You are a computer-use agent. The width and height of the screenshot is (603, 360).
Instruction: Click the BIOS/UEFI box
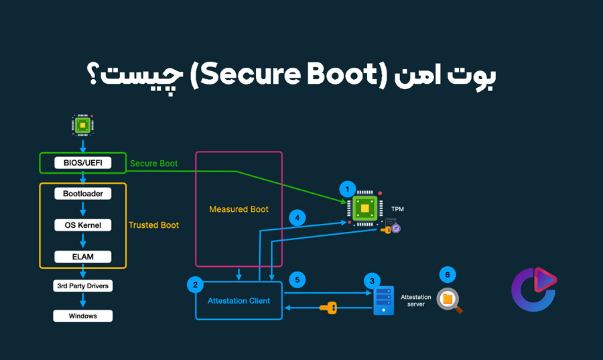[x=82, y=163]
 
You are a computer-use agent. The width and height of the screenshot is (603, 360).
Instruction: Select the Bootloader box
[x=82, y=193]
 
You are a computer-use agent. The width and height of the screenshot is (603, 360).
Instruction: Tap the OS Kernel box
[x=82, y=225]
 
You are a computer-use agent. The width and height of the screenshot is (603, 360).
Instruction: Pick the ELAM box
[x=82, y=256]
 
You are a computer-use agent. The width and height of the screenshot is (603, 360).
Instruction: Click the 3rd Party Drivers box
[x=82, y=286]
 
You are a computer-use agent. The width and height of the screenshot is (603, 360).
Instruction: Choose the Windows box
[x=82, y=316]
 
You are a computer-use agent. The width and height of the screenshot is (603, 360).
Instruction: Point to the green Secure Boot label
[x=154, y=164]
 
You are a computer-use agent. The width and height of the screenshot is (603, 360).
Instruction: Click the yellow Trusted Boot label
[x=153, y=225]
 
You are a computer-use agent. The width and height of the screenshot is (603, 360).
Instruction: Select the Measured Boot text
[x=239, y=209]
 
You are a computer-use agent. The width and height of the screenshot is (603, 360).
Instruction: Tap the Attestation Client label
[x=239, y=300]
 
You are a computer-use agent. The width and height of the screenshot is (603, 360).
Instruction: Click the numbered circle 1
[x=346, y=189]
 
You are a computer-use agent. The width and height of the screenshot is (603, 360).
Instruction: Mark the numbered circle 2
[x=195, y=285]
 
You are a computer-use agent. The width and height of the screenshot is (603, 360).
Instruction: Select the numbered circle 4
[x=297, y=217]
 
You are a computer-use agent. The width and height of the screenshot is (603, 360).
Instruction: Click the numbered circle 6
[x=448, y=274]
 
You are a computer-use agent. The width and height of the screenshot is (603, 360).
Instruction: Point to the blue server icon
[x=383, y=300]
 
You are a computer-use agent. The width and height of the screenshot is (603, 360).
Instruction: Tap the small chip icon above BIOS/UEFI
[x=82, y=125]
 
